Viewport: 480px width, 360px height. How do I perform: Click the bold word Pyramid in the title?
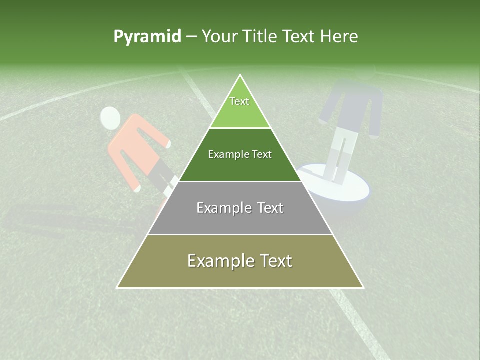147,37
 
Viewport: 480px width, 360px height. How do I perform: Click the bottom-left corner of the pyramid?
118,287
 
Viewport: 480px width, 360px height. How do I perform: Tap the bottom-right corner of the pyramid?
363,287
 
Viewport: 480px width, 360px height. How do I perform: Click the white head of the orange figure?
110,118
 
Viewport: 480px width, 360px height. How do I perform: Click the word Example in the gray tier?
217,208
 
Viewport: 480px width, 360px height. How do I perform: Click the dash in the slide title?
191,37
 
